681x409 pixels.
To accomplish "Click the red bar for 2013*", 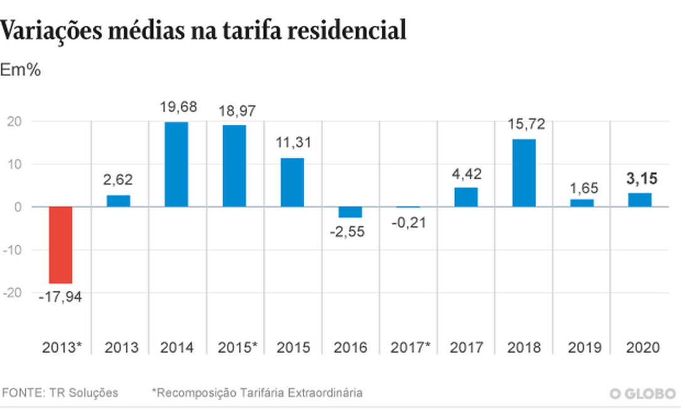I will (x=61, y=245).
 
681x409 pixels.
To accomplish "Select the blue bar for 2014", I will (x=176, y=164).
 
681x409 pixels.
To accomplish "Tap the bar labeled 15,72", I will (x=524, y=173).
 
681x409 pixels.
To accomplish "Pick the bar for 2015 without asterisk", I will (x=292, y=183).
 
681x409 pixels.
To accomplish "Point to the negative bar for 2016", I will (x=350, y=212).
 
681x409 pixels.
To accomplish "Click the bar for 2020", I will (x=640, y=200).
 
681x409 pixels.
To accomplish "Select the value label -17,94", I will (x=60, y=295).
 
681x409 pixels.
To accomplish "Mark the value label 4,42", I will (x=466, y=174).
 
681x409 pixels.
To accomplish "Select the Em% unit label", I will (x=20, y=70).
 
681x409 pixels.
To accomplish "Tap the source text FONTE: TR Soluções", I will (x=60, y=393).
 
